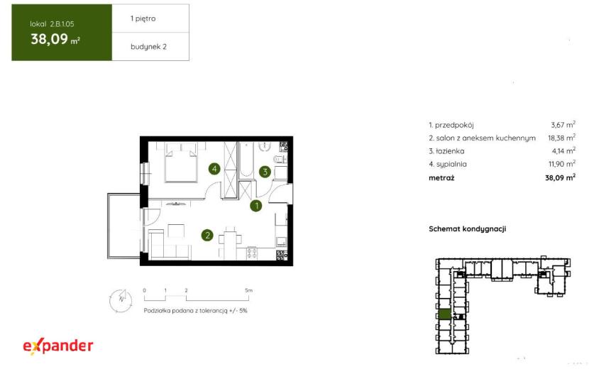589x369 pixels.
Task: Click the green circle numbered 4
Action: coord(214,169)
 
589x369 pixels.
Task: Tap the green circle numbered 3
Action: coord(265,172)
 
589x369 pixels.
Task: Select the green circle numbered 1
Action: coord(256,206)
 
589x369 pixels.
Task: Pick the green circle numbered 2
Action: coord(207,235)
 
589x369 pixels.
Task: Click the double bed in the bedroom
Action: coord(181,162)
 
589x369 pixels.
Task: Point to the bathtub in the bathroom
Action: coord(246,160)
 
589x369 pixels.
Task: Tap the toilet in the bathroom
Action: coord(280,160)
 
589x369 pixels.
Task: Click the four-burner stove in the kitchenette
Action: coord(252,253)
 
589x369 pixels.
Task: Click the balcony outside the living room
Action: coord(124,226)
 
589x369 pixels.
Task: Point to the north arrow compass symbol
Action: coord(121,301)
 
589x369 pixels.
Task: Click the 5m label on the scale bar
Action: coord(248,290)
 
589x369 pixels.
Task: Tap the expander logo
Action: coord(58,346)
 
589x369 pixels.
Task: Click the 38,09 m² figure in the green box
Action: coord(55,39)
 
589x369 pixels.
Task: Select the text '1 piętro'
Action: coord(143,18)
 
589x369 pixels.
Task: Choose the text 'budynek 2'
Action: coord(148,47)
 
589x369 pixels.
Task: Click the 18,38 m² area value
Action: coord(561,138)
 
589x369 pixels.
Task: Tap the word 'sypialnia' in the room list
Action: coord(451,164)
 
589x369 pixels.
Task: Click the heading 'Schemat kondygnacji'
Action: coord(467,228)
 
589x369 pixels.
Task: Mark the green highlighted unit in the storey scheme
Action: coord(445,314)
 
